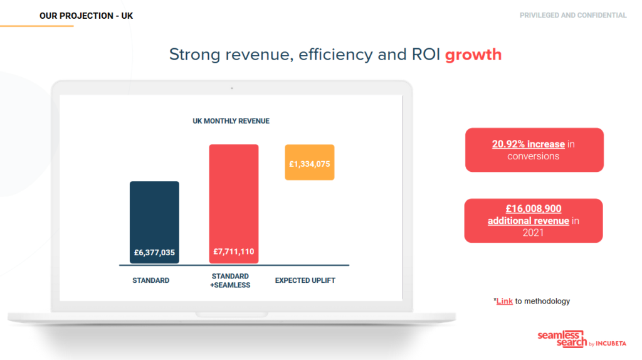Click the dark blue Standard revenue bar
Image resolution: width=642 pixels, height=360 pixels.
pos(154,223)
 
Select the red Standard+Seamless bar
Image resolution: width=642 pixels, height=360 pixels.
pos(234,204)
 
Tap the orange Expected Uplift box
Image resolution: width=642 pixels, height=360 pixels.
pos(310,162)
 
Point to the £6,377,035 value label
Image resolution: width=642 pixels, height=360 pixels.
pos(154,253)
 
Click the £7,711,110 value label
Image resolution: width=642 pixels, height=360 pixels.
pos(234,252)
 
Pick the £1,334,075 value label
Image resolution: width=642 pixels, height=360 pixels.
pos(310,164)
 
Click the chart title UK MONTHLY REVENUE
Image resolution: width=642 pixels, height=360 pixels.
pos(231,121)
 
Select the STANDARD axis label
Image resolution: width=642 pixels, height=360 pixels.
pos(150,280)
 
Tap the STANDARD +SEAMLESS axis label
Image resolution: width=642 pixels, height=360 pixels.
pos(230,280)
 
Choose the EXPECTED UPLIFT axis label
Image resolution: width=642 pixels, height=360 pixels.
pos(305,280)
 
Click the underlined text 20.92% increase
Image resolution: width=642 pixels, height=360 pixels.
pos(528,144)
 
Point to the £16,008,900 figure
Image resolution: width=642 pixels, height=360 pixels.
pos(534,208)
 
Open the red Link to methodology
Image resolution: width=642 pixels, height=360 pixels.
pos(505,301)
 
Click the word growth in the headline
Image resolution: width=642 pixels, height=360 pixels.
pos(473,55)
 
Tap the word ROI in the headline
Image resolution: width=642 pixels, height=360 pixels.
pos(426,55)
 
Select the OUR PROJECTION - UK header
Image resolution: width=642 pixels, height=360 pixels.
pos(86,16)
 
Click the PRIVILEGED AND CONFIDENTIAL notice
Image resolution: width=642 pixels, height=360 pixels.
pos(573,16)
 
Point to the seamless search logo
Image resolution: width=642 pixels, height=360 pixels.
pos(582,339)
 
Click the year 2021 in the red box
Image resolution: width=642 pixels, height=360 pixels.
pos(533,233)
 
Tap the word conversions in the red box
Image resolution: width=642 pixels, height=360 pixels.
pos(533,156)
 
